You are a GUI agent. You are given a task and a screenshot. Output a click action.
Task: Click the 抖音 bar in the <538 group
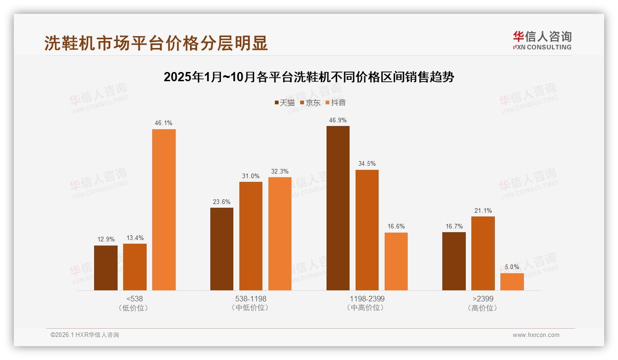164,210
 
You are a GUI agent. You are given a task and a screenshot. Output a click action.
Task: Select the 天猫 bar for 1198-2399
338,208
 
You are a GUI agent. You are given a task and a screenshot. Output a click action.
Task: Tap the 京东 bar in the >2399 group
483,253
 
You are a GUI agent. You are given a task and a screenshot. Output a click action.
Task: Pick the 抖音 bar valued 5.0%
512,282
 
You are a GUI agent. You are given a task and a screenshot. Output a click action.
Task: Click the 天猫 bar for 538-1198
222,249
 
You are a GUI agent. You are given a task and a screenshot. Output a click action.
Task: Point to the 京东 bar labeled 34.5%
367,230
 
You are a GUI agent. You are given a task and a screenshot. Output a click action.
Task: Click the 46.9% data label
338,120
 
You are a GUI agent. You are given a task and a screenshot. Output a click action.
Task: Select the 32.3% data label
279,171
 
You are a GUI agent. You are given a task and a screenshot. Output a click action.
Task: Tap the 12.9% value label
106,240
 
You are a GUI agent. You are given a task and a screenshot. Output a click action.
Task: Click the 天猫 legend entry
284,102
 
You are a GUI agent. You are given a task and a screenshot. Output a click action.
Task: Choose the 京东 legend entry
310,102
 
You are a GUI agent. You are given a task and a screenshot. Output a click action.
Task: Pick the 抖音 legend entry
335,102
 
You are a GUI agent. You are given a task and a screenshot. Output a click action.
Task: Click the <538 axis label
134,299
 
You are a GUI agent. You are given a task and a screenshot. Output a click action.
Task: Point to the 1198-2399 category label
367,299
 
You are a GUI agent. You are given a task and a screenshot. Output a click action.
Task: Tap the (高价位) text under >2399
483,308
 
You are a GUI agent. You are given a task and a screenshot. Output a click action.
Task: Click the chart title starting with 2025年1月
309,77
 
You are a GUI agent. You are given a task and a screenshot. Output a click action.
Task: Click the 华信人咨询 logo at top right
542,40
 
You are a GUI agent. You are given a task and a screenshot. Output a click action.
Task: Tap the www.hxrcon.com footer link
536,335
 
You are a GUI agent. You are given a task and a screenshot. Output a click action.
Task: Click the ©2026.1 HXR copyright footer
85,335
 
